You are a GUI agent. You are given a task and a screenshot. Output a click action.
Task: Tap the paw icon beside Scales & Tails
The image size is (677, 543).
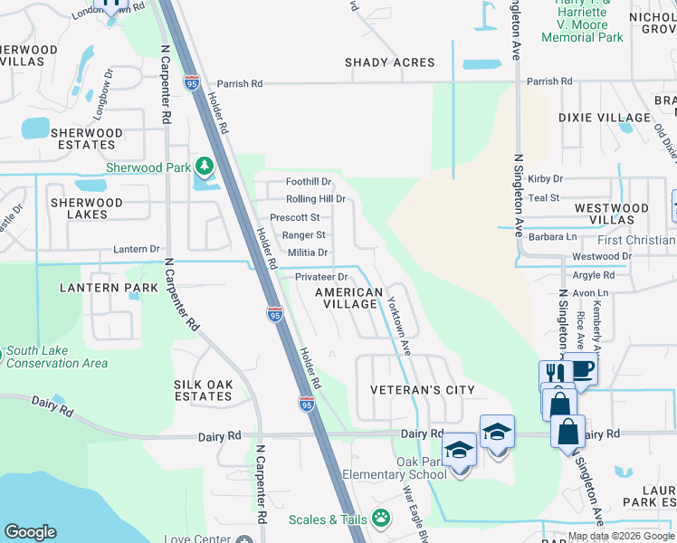[382, 519]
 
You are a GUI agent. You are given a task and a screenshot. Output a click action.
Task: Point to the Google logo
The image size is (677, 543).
[30, 532]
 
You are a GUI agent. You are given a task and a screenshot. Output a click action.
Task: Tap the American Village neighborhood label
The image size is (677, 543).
[348, 298]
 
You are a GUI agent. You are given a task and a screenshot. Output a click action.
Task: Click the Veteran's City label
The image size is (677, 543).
[422, 390]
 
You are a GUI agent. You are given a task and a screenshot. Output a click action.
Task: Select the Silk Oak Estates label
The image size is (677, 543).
[203, 390]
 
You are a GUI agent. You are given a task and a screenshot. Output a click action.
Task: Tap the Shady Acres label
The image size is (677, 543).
[389, 62]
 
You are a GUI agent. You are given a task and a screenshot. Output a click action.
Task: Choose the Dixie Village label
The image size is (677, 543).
[605, 118]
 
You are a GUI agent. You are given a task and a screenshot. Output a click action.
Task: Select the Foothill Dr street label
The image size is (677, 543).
[310, 182]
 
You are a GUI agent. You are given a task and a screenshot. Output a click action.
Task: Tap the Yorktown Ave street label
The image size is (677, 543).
[399, 322]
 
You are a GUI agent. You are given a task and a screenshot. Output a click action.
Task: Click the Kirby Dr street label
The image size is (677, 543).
[545, 179]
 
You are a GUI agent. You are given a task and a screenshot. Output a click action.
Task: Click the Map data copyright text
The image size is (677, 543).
[620, 536]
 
